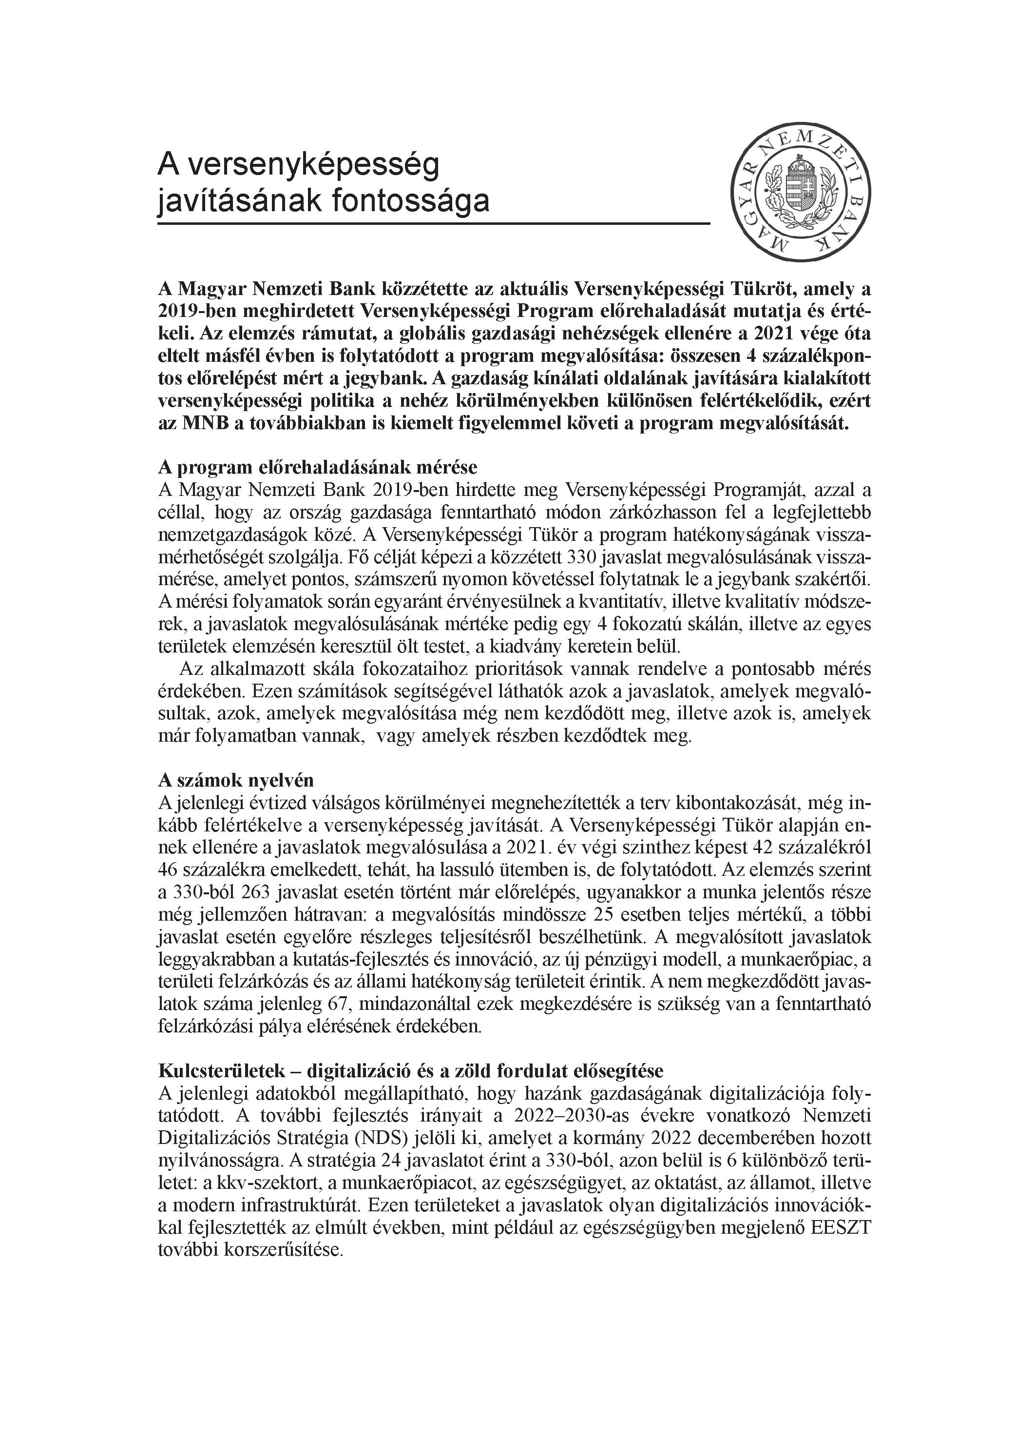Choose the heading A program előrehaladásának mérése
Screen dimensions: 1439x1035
317,467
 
